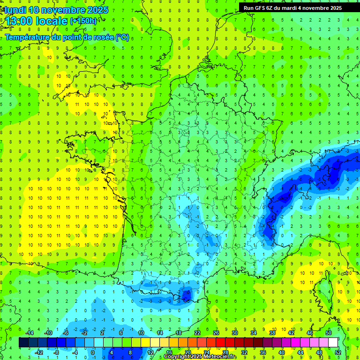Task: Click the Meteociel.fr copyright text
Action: click(x=201, y=357)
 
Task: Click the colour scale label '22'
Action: click(x=197, y=333)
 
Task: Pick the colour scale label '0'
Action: click(x=92, y=352)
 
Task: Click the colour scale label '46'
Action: click(x=310, y=333)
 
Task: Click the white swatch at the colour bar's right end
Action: click(x=333, y=343)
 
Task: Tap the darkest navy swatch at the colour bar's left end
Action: click(x=23, y=343)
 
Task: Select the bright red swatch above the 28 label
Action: click(x=220, y=343)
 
